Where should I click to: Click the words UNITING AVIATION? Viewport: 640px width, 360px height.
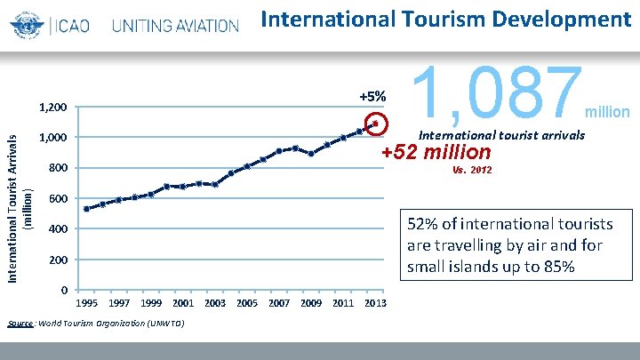[x=175, y=25]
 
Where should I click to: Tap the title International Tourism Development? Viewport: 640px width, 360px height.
[x=446, y=19]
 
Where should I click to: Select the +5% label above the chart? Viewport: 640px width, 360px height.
[x=372, y=96]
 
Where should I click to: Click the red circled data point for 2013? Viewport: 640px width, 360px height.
[x=376, y=123]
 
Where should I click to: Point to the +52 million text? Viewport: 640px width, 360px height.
[x=436, y=152]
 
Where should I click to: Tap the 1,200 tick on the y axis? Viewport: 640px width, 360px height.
[x=52, y=108]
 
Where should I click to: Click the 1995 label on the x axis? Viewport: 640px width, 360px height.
[x=86, y=303]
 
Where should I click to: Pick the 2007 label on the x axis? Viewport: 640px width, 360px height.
[x=279, y=303]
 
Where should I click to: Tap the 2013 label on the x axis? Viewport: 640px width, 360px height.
[x=375, y=303]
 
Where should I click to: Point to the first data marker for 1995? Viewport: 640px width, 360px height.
[x=86, y=209]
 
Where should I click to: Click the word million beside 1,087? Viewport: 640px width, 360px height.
[x=607, y=112]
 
